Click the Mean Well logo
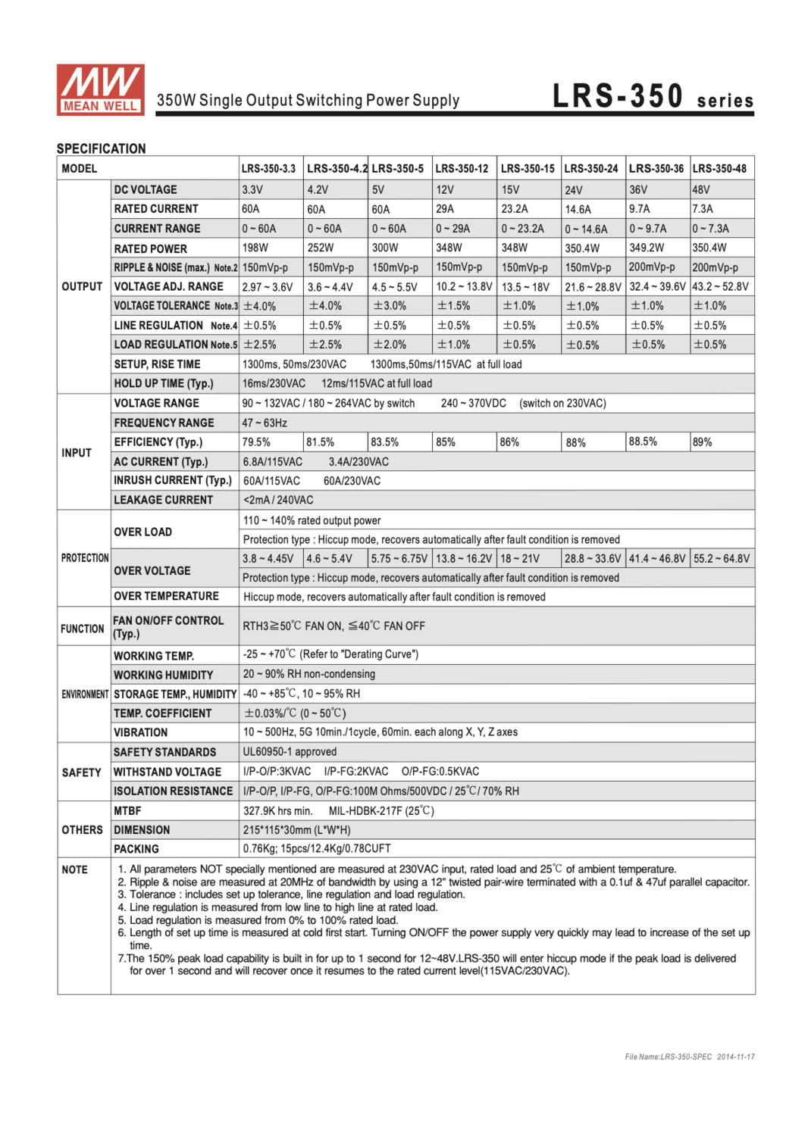click(x=100, y=89)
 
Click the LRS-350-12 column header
click(x=462, y=169)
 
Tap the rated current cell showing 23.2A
click(x=515, y=209)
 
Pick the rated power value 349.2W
click(x=646, y=248)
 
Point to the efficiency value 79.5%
click(x=256, y=442)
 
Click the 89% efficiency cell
click(x=703, y=442)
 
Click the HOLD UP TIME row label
click(x=164, y=384)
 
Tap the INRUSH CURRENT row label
click(x=173, y=481)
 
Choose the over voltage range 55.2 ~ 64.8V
click(x=721, y=559)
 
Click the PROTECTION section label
click(x=85, y=558)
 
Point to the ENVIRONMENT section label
click(x=85, y=694)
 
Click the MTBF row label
click(x=127, y=811)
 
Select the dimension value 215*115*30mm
click(x=296, y=830)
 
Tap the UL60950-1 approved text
click(x=290, y=752)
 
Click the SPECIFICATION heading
click(x=102, y=148)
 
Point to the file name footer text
click(x=690, y=1056)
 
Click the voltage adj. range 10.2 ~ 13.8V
click(x=464, y=287)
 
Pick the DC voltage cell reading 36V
click(x=638, y=190)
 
